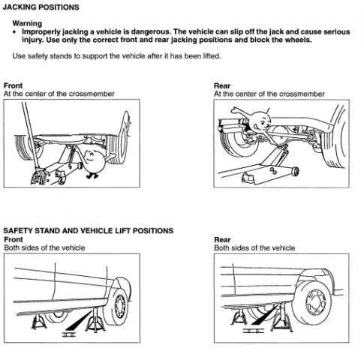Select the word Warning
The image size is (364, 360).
pyautogui.click(x=27, y=23)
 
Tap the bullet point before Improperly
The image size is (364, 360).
pyautogui.click(x=15, y=32)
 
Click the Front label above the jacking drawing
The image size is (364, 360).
pyautogui.click(x=13, y=85)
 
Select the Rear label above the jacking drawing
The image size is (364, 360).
pyautogui.click(x=222, y=85)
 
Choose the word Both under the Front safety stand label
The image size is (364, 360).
pyautogui.click(x=11, y=247)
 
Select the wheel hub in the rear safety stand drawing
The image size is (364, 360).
pyautogui.click(x=316, y=304)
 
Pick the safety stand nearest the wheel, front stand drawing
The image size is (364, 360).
pyautogui.click(x=95, y=321)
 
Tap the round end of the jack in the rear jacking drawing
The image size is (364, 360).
pyautogui.click(x=295, y=172)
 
